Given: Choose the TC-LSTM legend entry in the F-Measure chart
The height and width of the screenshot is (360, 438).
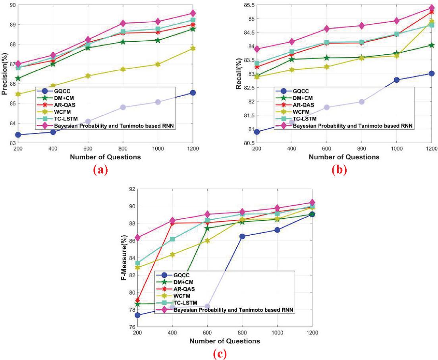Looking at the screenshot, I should point(184,303).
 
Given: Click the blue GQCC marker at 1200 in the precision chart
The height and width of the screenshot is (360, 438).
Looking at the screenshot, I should point(193,93).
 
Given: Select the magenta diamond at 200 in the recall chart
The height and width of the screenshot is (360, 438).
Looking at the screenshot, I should point(257,49).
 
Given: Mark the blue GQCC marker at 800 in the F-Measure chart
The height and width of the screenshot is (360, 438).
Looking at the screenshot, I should point(242,236).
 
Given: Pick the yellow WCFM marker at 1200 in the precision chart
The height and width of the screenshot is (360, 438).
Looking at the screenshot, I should point(193,48).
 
